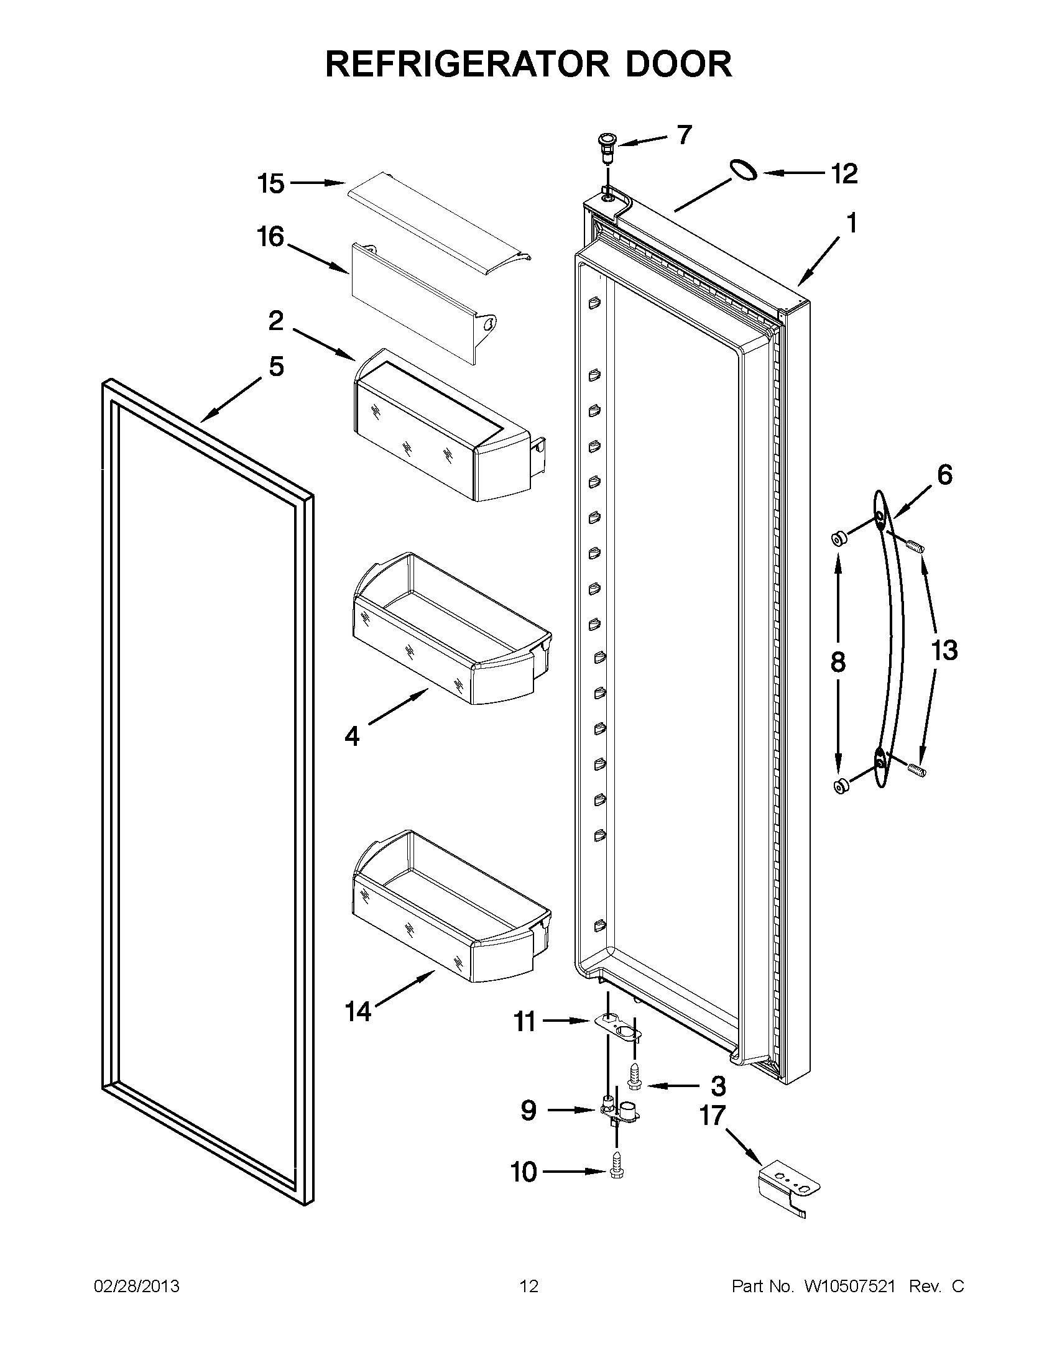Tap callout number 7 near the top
683,135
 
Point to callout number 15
270,183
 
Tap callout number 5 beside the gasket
276,367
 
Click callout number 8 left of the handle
838,662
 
